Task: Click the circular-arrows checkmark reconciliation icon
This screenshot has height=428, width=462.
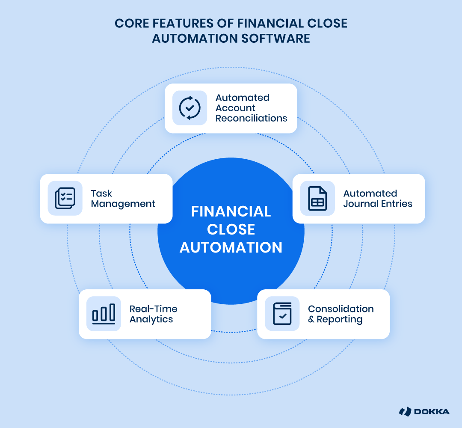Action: point(190,108)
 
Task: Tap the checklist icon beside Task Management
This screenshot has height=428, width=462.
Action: point(65,198)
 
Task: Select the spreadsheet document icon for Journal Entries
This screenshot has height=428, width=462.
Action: point(317,198)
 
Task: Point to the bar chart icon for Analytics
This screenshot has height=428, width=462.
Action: point(104,314)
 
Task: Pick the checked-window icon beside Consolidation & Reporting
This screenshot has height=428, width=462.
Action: point(282,314)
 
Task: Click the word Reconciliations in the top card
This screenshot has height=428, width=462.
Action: point(251,118)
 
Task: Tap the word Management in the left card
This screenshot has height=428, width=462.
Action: point(123,204)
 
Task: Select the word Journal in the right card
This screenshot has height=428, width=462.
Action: point(360,204)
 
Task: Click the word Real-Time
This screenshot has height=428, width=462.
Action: point(153,309)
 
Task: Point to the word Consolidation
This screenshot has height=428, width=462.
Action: point(341,309)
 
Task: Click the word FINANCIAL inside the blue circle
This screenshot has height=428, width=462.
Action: point(231,211)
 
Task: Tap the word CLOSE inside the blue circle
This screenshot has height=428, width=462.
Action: point(231,229)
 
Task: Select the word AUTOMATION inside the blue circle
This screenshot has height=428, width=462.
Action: point(231,247)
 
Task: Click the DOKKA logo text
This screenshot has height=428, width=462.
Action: point(432,412)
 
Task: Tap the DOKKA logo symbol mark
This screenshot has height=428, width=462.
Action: point(405,412)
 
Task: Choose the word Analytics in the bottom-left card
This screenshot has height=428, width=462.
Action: point(151,319)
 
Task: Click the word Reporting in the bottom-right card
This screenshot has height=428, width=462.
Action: point(340,319)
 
